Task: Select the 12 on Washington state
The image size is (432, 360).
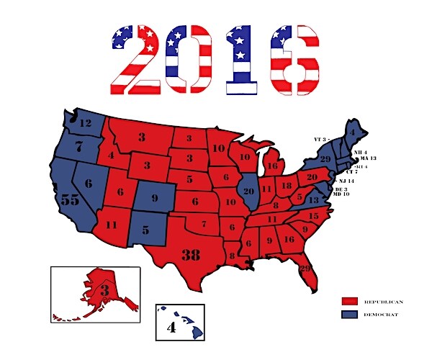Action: [86, 124]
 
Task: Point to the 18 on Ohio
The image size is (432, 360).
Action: [286, 186]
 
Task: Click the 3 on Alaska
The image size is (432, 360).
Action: [104, 291]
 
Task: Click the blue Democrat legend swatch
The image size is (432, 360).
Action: [350, 314]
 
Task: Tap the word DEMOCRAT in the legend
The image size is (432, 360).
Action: [381, 315]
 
